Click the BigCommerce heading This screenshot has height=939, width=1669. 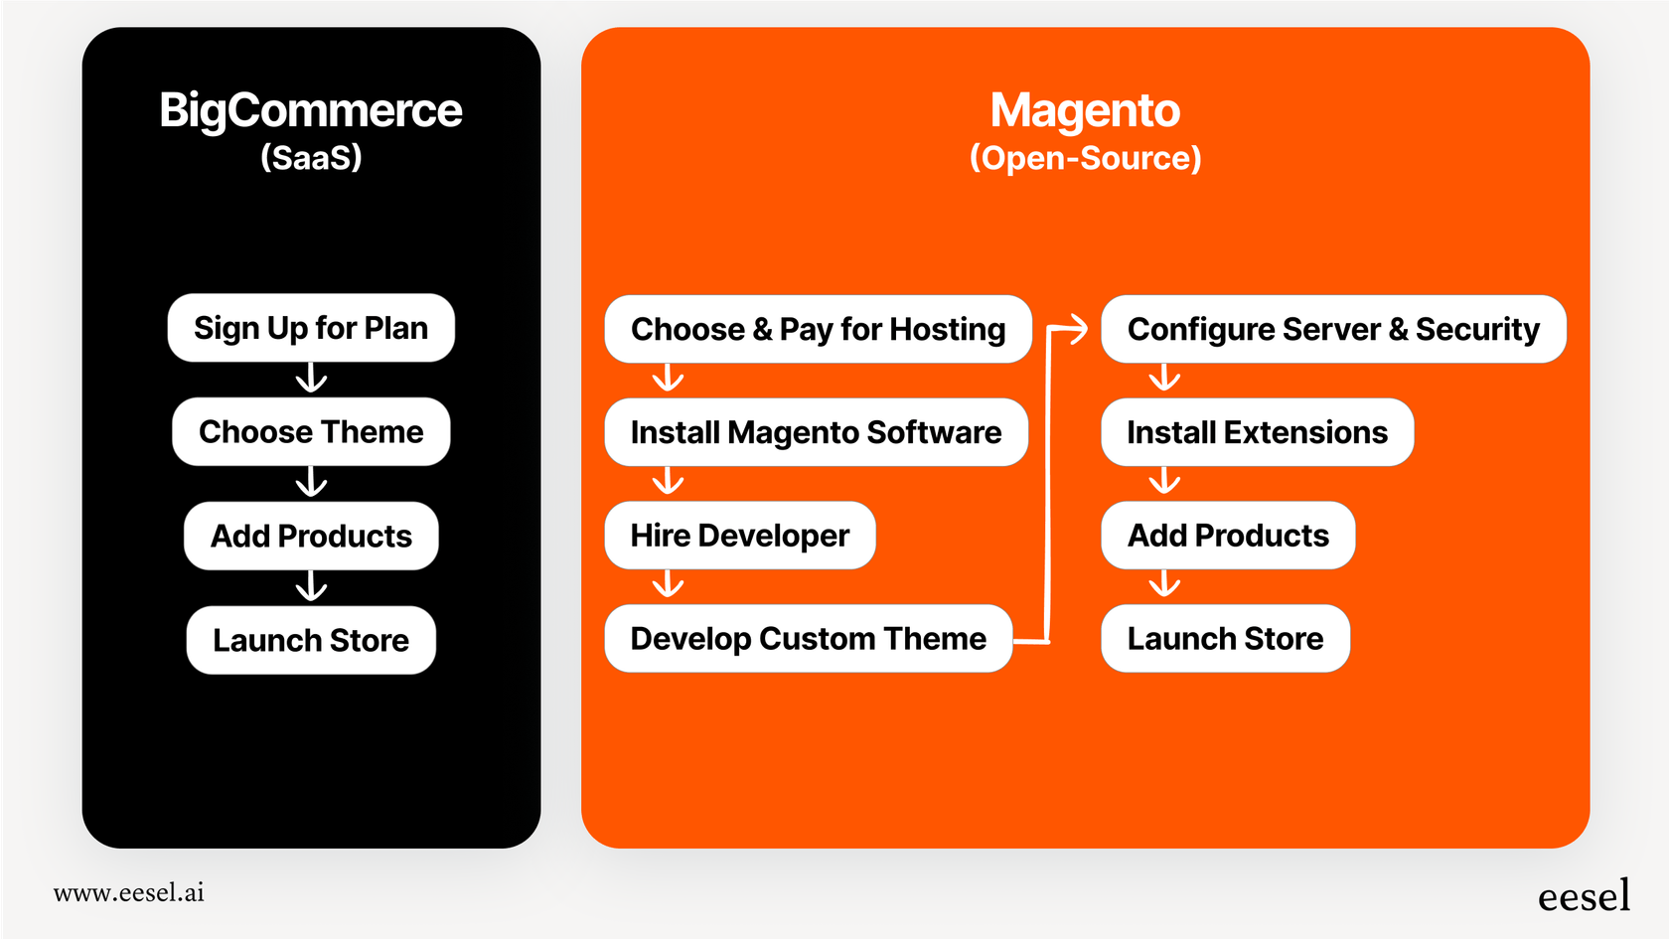coord(311,110)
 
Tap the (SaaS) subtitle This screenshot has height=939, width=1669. coord(311,157)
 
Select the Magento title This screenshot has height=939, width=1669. coord(1085,110)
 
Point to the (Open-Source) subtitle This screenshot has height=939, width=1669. coord(1085,158)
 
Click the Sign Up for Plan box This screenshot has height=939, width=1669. coord(311,328)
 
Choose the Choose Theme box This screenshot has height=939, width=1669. coord(311,432)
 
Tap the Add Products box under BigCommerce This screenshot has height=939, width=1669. coord(311,536)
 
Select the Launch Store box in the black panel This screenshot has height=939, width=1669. coord(311,640)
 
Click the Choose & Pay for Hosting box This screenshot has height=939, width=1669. coord(818,329)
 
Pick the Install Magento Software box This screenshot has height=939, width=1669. coord(816,432)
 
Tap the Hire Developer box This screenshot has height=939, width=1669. coord(739,536)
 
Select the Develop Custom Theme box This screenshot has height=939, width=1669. coord(808,638)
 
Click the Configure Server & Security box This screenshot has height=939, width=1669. coord(1333,329)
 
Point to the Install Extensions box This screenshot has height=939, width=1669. coord(1257,432)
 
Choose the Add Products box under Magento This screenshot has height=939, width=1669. coord(1228,536)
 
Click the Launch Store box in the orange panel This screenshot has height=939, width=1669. coord(1225,638)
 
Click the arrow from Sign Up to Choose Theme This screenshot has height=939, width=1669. coord(311,379)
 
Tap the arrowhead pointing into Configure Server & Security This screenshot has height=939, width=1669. coord(1079,329)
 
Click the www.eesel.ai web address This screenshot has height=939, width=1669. coord(129,892)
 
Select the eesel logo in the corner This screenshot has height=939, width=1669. coord(1584,896)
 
